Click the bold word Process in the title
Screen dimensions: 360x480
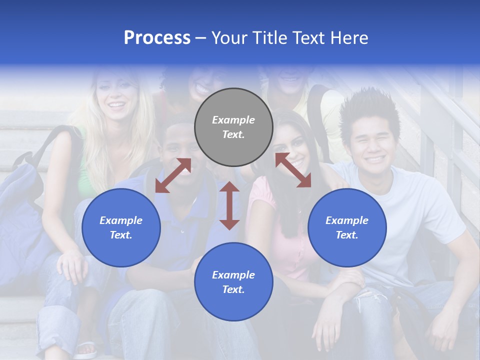(x=157, y=38)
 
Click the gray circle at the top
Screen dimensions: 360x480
(x=233, y=127)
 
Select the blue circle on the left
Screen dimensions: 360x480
(x=121, y=227)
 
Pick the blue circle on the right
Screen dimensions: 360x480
(x=347, y=227)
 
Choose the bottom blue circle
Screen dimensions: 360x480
(x=233, y=282)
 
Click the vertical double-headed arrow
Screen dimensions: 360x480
(x=229, y=205)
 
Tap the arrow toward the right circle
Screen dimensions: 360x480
(x=293, y=170)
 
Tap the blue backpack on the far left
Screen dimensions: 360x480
(x=22, y=200)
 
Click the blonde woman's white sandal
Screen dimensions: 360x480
(x=85, y=349)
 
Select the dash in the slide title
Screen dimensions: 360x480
(x=200, y=38)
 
